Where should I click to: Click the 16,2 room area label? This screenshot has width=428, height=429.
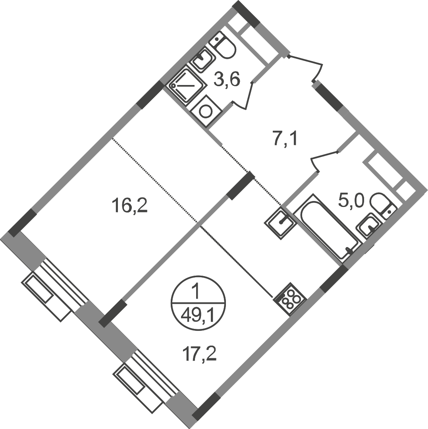tap(129, 206)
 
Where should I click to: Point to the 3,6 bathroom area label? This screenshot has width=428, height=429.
tap(227, 80)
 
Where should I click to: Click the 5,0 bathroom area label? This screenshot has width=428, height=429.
tap(351, 201)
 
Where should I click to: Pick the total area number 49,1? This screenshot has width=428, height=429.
tap(198, 317)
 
